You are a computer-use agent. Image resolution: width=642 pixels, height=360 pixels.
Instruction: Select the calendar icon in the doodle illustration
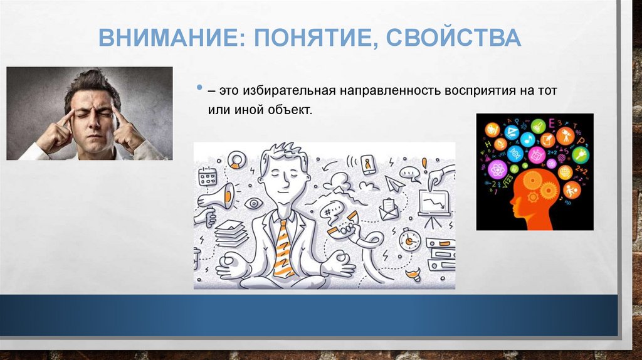pos(207,177)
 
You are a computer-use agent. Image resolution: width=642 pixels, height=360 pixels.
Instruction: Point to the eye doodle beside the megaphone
pos(253,203)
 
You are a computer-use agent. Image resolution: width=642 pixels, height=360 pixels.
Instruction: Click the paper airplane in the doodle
pos(395,183)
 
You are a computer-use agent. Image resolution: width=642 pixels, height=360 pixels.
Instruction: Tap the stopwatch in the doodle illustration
pos(409,239)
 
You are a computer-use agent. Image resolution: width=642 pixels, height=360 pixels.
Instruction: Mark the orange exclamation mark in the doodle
pos(424,164)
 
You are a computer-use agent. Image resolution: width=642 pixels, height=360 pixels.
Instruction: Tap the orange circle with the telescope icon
pos(565,135)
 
